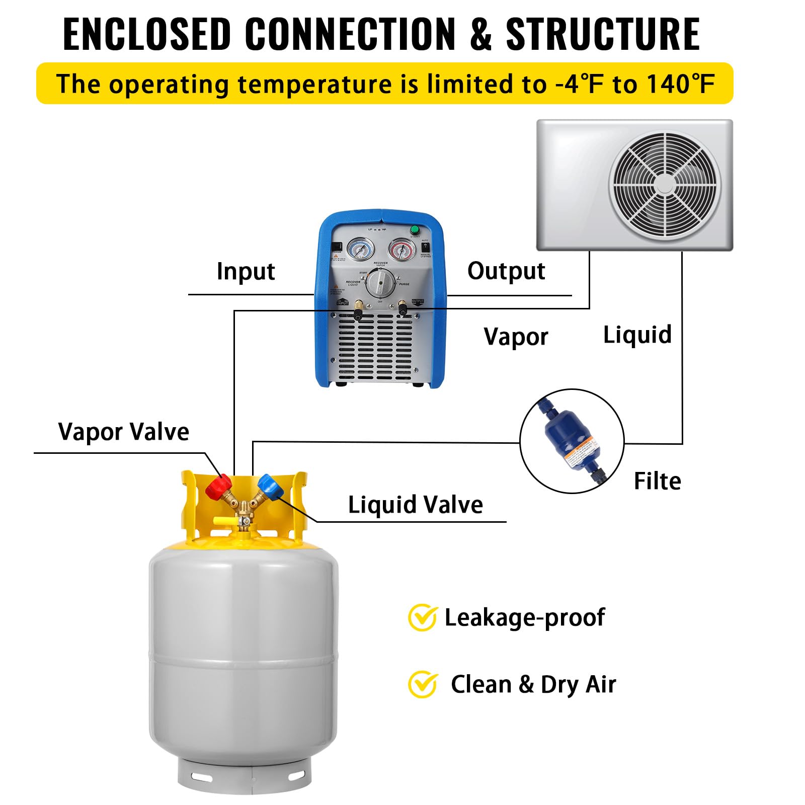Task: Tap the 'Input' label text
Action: [246, 272]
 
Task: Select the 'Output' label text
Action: [506, 271]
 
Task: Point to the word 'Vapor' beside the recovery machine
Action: [516, 337]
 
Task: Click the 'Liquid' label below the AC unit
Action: [637, 335]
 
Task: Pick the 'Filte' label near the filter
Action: [657, 481]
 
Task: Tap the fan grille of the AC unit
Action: [664, 185]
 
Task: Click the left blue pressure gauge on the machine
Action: [361, 249]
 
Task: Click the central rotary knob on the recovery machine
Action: [380, 283]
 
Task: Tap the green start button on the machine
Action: [415, 230]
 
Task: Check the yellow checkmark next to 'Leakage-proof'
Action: [422, 617]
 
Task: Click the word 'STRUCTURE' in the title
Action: [602, 34]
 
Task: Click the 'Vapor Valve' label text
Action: [123, 432]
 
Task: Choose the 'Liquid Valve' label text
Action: [415, 505]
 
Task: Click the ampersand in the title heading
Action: [480, 34]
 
